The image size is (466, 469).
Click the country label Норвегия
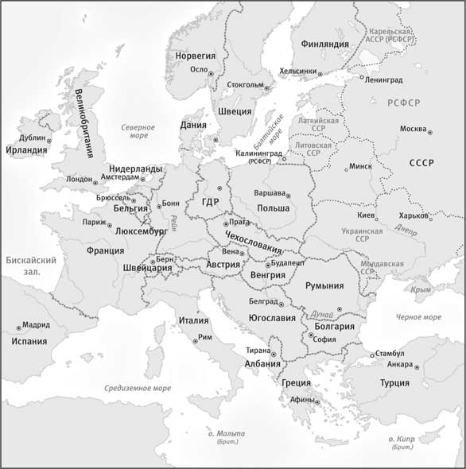(194, 56)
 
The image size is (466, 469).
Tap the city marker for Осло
(215, 73)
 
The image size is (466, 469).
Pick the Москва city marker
(430, 130)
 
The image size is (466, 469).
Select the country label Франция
(105, 250)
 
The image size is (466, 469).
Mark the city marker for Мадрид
(18, 327)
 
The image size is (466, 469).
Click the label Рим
(205, 337)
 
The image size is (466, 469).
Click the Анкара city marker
(415, 366)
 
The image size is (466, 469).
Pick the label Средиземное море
(138, 389)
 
